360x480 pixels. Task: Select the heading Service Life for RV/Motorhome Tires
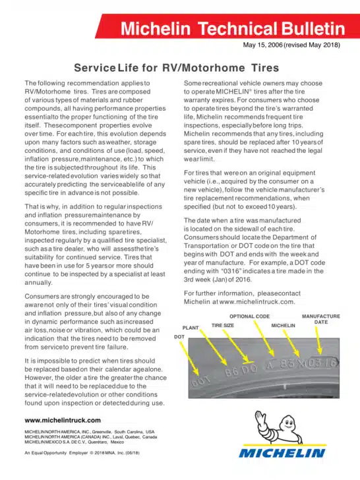click(x=176, y=67)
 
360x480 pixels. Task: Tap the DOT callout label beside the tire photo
click(x=179, y=336)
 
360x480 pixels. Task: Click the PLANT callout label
click(x=190, y=327)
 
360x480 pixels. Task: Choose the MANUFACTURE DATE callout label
click(x=321, y=319)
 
